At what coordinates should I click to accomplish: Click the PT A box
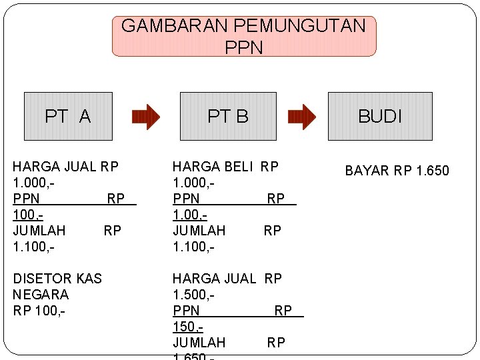[x=68, y=116]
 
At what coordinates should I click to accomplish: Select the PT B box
[x=228, y=116]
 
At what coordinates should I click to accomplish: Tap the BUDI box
[x=380, y=116]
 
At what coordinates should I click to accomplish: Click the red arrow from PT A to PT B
[x=147, y=117]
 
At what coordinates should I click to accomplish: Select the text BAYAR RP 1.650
[x=397, y=171]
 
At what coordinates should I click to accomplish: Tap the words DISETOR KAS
[x=57, y=278]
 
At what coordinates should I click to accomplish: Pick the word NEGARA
[x=41, y=294]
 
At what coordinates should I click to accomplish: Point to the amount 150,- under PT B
[x=187, y=327]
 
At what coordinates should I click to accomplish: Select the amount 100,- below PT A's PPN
[x=27, y=215]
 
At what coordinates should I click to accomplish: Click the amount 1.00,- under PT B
[x=189, y=215]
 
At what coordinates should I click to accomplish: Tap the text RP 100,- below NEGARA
[x=39, y=310]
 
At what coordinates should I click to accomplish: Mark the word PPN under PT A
[x=27, y=198]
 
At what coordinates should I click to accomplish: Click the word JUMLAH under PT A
[x=39, y=230]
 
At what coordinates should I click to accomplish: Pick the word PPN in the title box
[x=244, y=47]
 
